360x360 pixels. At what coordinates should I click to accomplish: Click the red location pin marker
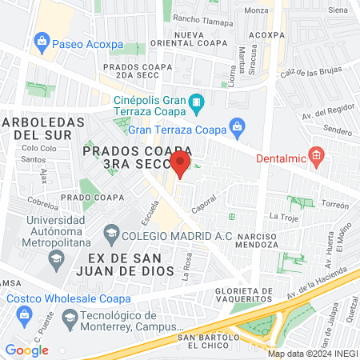pyautogui.click(x=180, y=165)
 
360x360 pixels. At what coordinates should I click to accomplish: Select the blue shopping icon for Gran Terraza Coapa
pyautogui.click(x=237, y=126)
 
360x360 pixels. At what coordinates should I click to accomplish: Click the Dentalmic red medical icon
pyautogui.click(x=316, y=157)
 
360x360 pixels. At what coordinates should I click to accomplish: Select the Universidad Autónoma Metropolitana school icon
pyautogui.click(x=56, y=258)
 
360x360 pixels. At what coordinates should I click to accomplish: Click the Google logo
pyautogui.click(x=26, y=350)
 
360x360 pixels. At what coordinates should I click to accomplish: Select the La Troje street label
pyautogui.click(x=282, y=217)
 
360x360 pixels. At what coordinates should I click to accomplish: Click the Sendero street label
pyautogui.click(x=338, y=130)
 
